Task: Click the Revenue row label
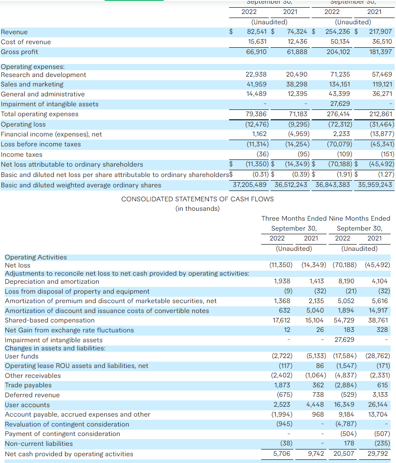tap(14, 32)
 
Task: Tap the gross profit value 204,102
tap(338, 52)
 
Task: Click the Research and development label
tap(43, 75)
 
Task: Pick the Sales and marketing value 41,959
tap(256, 84)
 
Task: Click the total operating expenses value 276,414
tap(338, 114)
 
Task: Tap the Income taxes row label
tap(21, 154)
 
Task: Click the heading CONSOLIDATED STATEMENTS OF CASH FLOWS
tap(198, 199)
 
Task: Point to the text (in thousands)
tap(198, 209)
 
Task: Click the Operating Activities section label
tap(36, 257)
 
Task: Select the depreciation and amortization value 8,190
tap(346, 281)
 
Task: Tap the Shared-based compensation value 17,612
tap(282, 320)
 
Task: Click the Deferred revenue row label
tap(32, 395)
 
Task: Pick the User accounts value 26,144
tap(378, 405)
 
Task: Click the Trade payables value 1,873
tap(282, 385)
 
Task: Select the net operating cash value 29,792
tap(377, 454)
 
